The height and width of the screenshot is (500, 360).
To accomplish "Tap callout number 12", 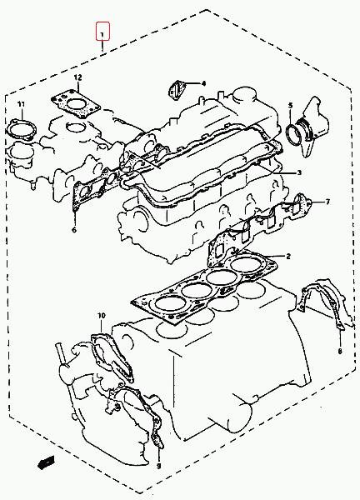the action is tap(77, 77).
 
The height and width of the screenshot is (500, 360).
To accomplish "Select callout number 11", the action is tap(21, 104).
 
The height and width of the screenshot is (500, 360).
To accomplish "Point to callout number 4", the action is tap(203, 83).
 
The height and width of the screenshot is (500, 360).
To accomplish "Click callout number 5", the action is tap(290, 105).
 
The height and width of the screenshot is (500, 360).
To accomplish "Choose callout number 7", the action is tap(327, 202).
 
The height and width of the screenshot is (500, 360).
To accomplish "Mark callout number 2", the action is tap(288, 256).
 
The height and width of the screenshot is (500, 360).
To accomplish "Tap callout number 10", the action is tap(102, 316).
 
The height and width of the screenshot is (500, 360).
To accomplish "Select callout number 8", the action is tap(340, 352).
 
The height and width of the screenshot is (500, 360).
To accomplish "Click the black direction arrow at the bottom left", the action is tap(46, 462).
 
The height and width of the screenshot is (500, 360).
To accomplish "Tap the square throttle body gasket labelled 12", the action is tap(75, 104).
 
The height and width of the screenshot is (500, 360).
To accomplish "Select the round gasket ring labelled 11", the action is tap(22, 131).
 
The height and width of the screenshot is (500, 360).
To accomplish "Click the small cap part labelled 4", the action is tap(175, 91).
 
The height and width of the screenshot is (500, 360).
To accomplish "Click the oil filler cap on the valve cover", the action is tap(244, 95).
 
